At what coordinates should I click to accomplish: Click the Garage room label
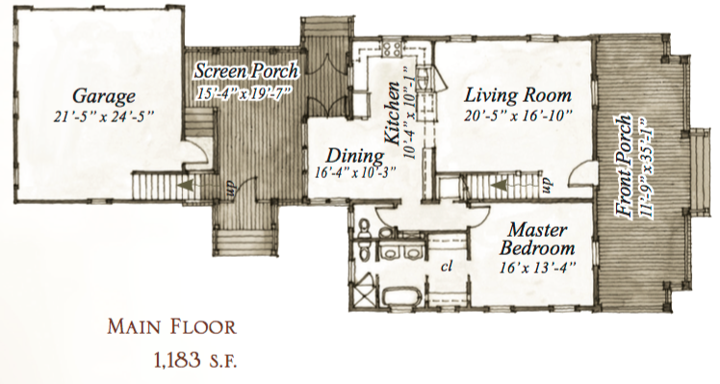click(x=104, y=97)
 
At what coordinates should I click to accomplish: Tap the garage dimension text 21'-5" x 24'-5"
click(x=103, y=117)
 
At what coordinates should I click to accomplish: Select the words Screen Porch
click(x=246, y=71)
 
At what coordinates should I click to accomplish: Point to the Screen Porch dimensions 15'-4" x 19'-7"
click(x=244, y=91)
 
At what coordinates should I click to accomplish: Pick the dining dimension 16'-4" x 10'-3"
click(x=355, y=172)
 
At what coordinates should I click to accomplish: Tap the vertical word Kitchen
click(x=392, y=114)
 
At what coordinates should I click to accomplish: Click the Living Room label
click(x=518, y=95)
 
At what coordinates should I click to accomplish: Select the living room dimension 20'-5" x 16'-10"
click(x=518, y=115)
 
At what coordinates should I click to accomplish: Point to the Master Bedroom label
click(x=537, y=239)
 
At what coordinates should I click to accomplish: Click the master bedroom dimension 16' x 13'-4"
click(x=537, y=268)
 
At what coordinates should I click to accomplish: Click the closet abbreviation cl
click(x=447, y=267)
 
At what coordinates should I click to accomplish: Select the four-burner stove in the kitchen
click(x=392, y=49)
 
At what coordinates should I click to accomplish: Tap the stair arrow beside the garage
click(x=186, y=184)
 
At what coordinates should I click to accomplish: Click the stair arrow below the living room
click(x=499, y=185)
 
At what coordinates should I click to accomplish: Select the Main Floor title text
click(x=171, y=327)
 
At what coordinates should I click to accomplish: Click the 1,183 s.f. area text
click(x=196, y=361)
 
